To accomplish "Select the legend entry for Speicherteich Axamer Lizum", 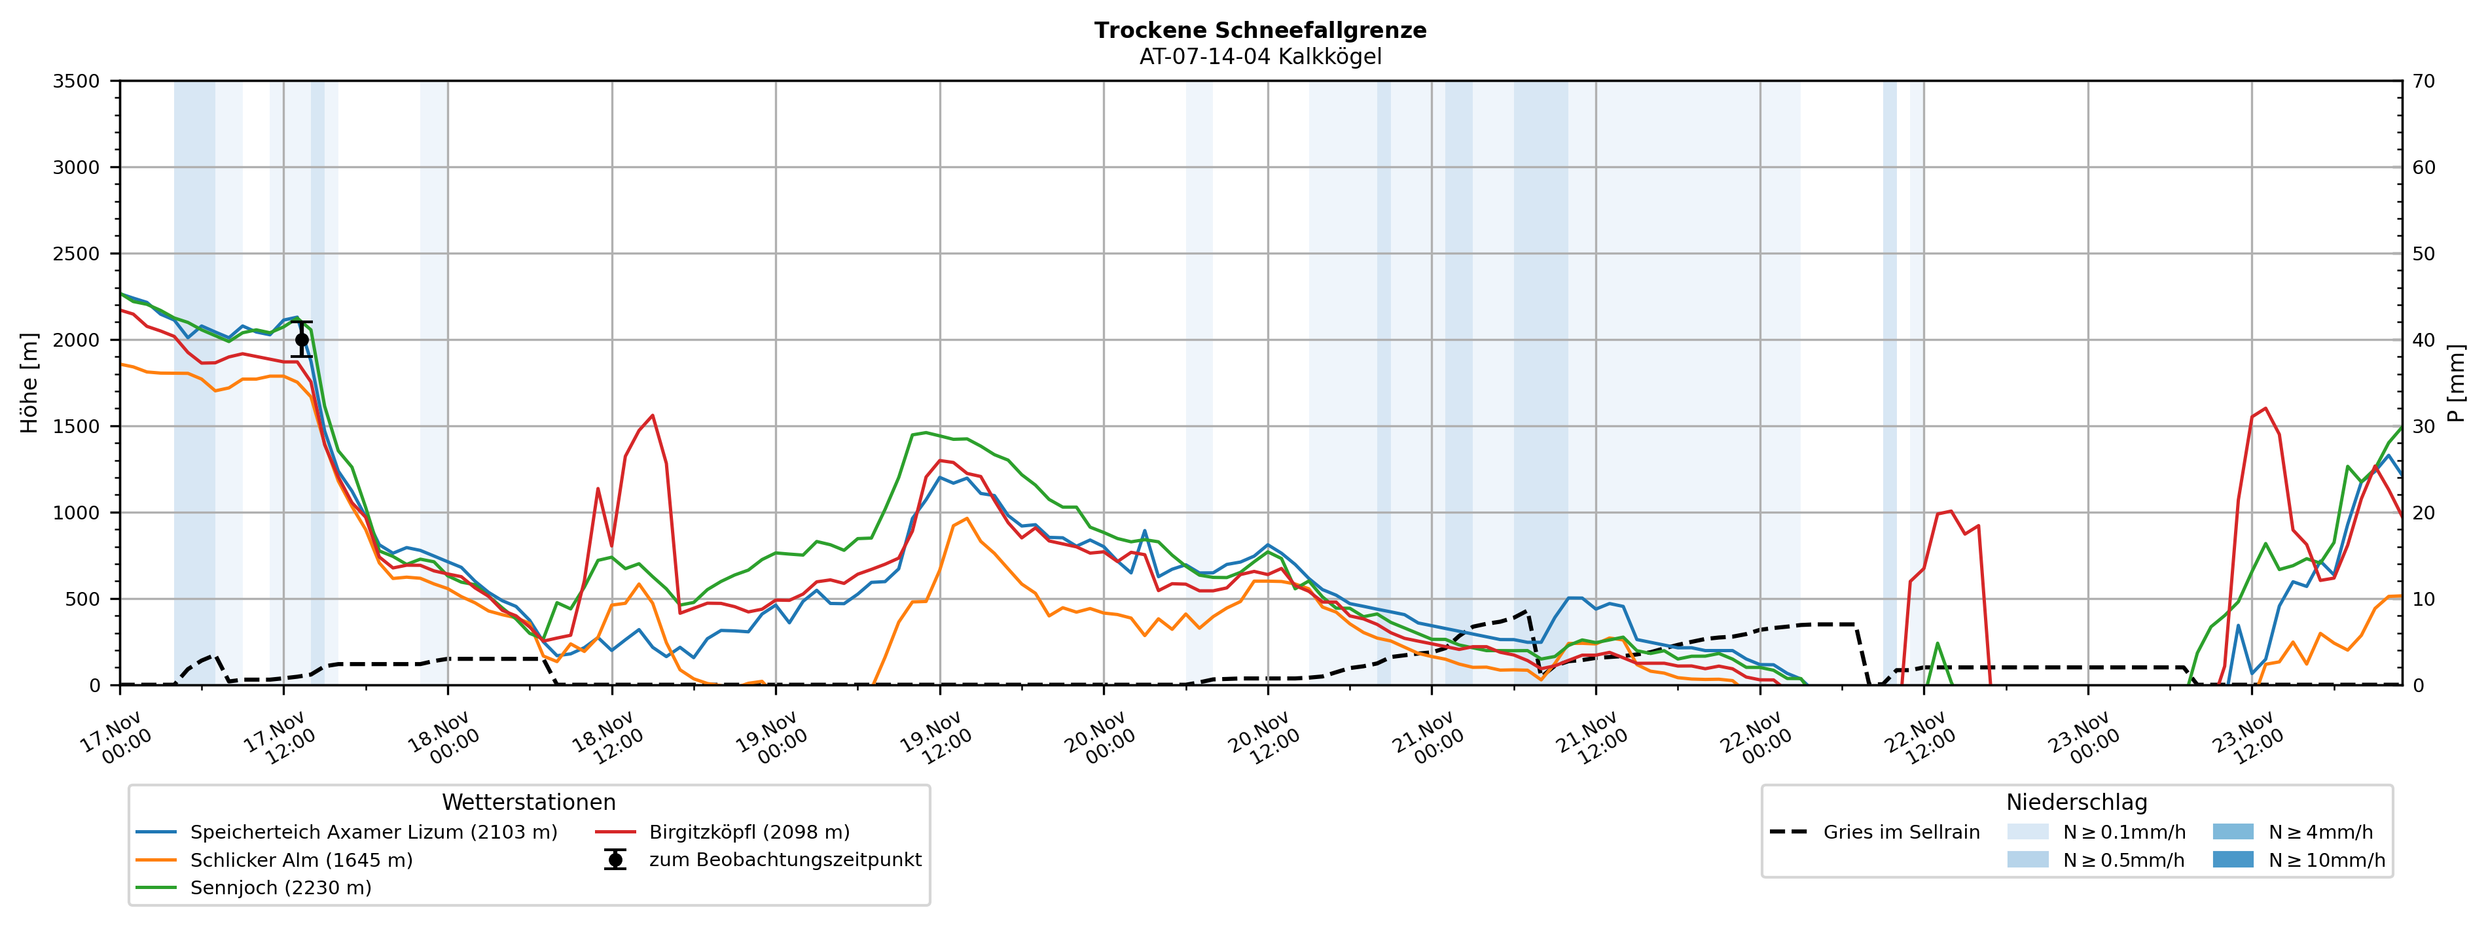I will point(373,832).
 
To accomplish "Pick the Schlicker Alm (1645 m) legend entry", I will point(300,860).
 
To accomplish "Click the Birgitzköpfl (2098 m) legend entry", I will point(749,832).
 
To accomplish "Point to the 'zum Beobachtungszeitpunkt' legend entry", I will point(784,860).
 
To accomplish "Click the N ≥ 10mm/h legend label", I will point(2326,860).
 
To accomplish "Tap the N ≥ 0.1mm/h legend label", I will point(2123,832).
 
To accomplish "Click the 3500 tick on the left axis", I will point(77,81).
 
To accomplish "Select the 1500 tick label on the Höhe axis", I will point(77,427).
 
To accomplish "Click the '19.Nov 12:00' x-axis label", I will point(934,739).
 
